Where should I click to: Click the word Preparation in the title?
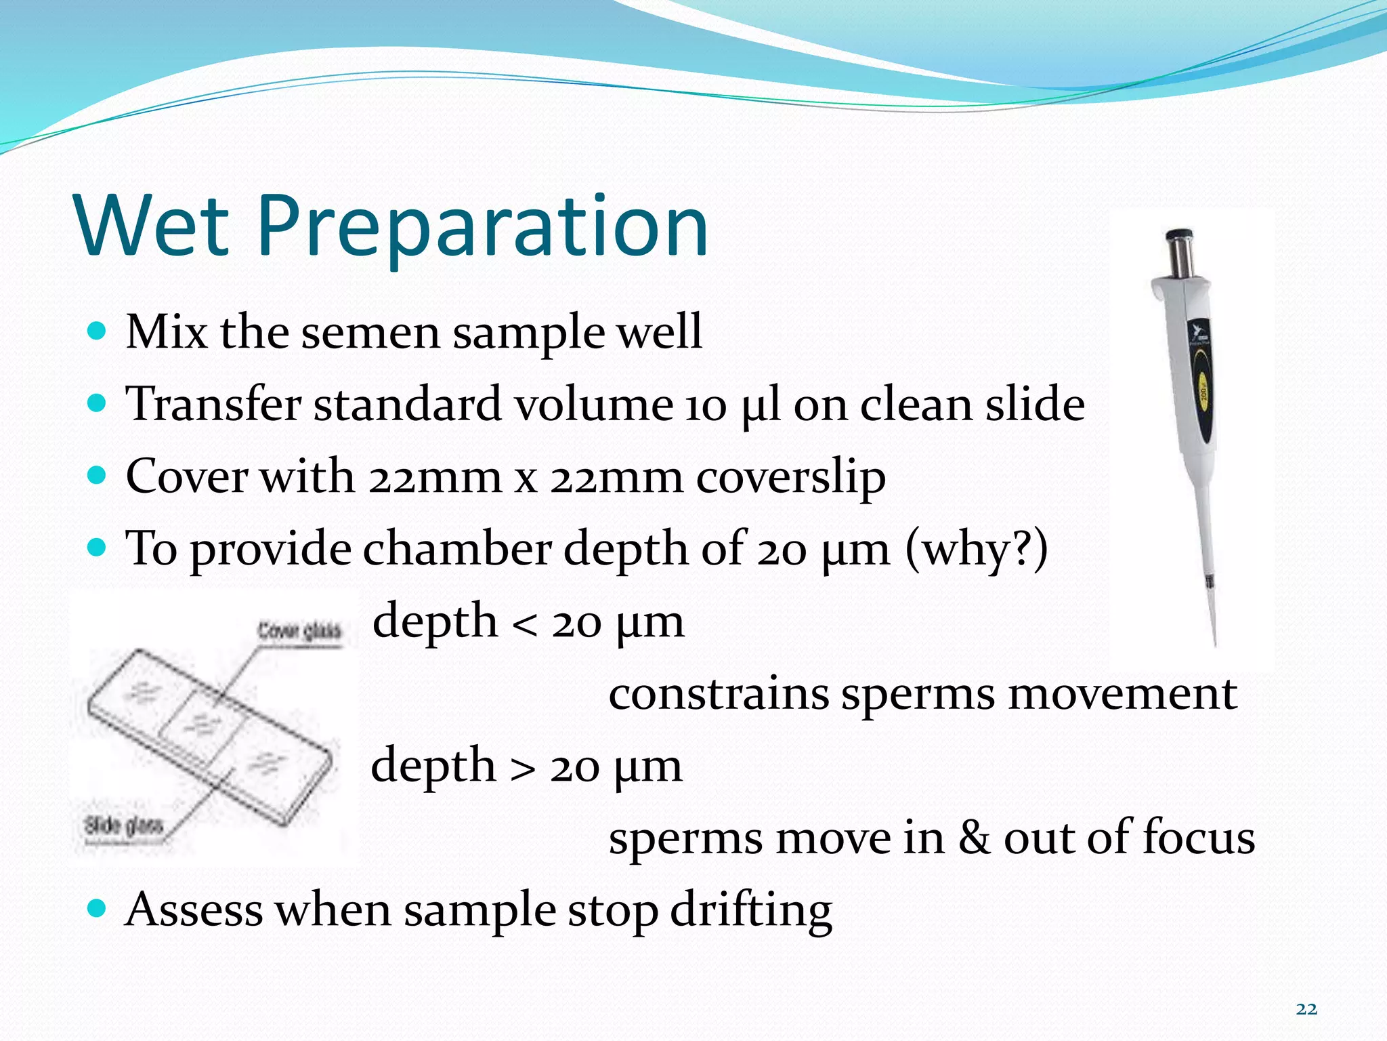tap(482, 228)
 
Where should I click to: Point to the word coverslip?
tap(790, 478)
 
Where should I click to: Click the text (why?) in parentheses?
tap(976, 549)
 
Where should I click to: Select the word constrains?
tap(719, 694)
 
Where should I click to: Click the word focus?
tap(1198, 838)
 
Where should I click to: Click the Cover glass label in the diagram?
tap(299, 632)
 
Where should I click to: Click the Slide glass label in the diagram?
tap(123, 825)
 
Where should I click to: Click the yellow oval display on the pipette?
tap(1203, 389)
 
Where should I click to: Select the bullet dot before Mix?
tap(98, 331)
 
